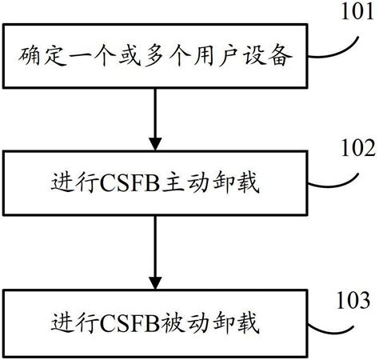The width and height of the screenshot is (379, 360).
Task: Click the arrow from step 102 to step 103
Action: pyautogui.click(x=152, y=256)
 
